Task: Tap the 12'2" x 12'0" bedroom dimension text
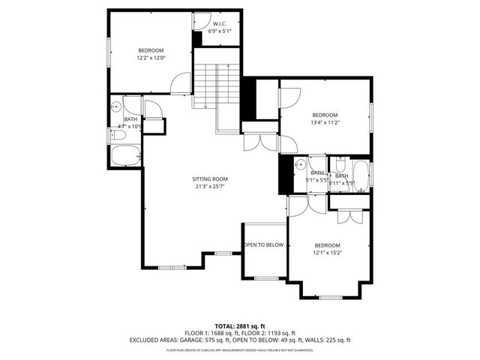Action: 150,58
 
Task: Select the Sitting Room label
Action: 209,178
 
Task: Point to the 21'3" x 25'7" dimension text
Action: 209,186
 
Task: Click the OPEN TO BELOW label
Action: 263,245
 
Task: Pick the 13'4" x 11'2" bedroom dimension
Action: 325,122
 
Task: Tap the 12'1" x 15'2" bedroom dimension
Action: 327,253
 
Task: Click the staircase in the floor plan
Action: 217,86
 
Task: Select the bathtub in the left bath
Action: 125,157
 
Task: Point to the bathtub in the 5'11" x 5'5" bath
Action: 361,175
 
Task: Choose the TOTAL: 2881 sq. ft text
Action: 240,326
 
